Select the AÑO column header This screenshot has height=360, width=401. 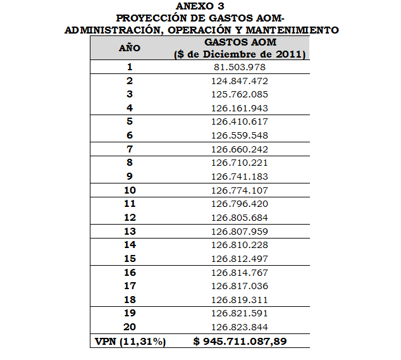pyautogui.click(x=130, y=48)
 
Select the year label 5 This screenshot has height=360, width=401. pyautogui.click(x=130, y=121)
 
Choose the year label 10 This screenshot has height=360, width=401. pyautogui.click(x=130, y=190)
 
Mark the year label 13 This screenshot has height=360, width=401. pyautogui.click(x=130, y=231)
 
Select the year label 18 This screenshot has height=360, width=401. pyautogui.click(x=130, y=299)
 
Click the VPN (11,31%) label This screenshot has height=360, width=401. pyautogui.click(x=130, y=342)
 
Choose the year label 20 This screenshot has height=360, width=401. pyautogui.click(x=130, y=327)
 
